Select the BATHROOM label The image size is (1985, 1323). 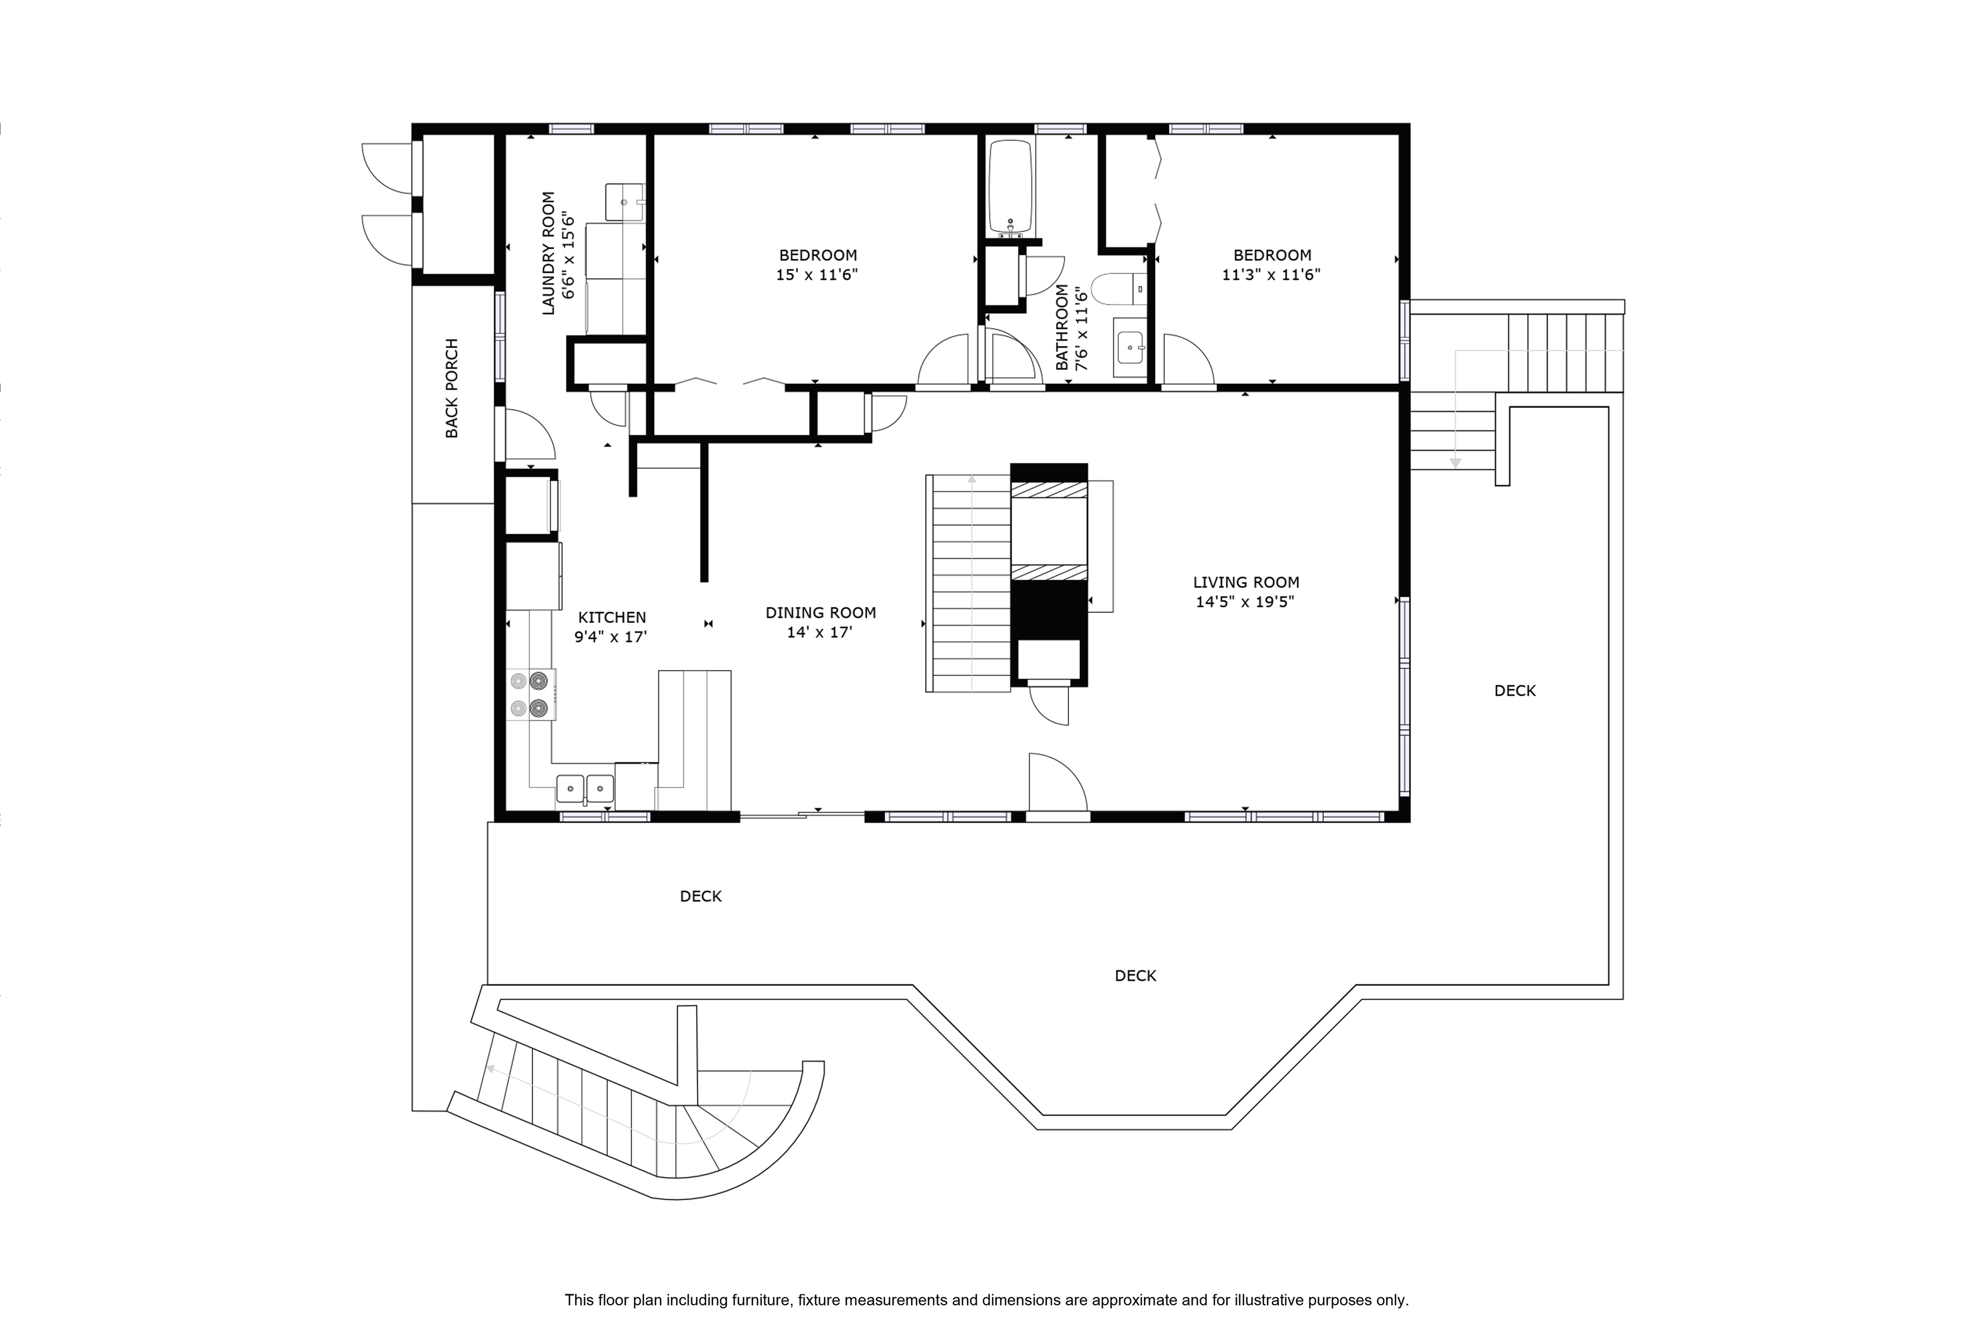tap(1062, 327)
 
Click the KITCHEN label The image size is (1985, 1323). tap(612, 618)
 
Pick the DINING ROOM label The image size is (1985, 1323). tap(820, 612)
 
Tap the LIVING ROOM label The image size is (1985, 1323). tap(1246, 582)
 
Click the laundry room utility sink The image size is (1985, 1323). tap(624, 202)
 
